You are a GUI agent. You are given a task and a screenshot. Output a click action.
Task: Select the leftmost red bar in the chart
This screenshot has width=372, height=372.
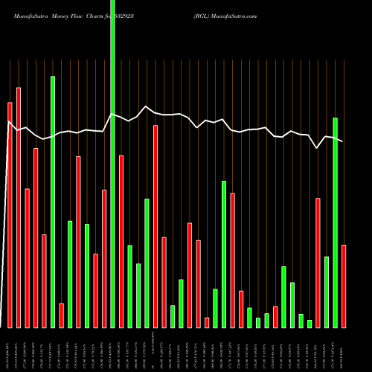(x=10, y=216)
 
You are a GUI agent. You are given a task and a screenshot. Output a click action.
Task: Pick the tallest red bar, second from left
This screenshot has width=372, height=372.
(x=19, y=208)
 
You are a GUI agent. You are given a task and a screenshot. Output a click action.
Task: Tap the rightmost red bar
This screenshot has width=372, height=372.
(x=344, y=286)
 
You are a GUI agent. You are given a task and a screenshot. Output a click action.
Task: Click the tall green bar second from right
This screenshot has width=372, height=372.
(x=336, y=223)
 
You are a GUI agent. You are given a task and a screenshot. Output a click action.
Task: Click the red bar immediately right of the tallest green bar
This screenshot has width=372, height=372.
(x=121, y=242)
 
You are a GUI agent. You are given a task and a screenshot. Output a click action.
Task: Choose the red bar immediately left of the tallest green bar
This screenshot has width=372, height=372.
(x=104, y=259)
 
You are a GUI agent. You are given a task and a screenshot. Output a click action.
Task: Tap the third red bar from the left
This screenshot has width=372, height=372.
(x=28, y=258)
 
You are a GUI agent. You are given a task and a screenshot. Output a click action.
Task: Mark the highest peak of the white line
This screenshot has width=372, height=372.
(x=146, y=106)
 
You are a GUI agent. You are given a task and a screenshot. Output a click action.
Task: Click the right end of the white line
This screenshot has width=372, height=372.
(x=342, y=141)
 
